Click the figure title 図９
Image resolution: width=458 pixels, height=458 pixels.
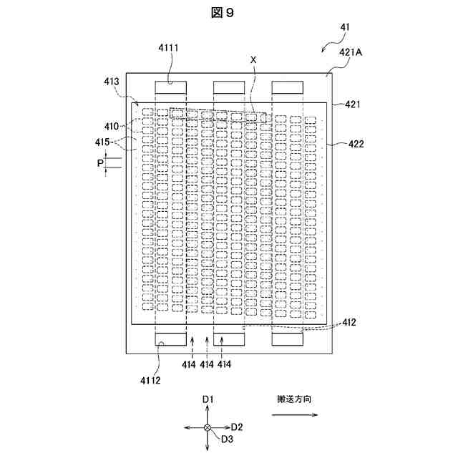[228, 13]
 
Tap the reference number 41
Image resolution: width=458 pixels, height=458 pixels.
[345, 27]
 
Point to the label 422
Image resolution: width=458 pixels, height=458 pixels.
[355, 144]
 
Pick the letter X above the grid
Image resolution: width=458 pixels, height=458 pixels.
[253, 60]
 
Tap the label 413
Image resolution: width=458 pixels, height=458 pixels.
[112, 82]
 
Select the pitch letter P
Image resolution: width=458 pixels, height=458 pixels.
[100, 164]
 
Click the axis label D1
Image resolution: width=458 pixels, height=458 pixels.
[208, 399]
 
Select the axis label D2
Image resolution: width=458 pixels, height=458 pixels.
[237, 427]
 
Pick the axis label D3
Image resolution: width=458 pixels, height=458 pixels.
[228, 439]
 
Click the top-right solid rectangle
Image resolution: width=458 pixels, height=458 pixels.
[286, 87]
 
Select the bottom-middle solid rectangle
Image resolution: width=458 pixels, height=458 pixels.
[228, 339]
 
